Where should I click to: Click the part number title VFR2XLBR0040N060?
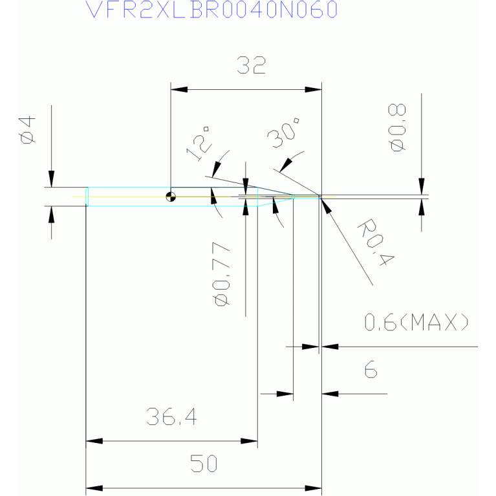[211, 10]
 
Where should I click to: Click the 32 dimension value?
[251, 65]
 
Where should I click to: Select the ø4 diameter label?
[27, 130]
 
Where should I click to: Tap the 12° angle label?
[198, 144]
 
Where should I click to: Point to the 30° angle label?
[283, 133]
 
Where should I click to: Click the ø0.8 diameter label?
[396, 127]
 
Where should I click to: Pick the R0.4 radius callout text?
[376, 242]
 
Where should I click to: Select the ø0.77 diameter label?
[221, 274]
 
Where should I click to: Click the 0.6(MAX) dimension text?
[416, 322]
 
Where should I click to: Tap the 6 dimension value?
[371, 369]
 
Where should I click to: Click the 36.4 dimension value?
[171, 416]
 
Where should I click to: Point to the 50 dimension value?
[204, 463]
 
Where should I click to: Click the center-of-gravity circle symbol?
[171, 197]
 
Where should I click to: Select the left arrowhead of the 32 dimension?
[179, 89]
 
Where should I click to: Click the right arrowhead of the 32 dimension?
[313, 89]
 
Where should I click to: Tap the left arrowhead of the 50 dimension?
[94, 488]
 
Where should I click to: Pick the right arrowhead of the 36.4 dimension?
[249, 441]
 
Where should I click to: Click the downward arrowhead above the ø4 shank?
[51, 178]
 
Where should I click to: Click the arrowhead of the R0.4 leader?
[326, 205]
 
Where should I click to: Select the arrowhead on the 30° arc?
[286, 166]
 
